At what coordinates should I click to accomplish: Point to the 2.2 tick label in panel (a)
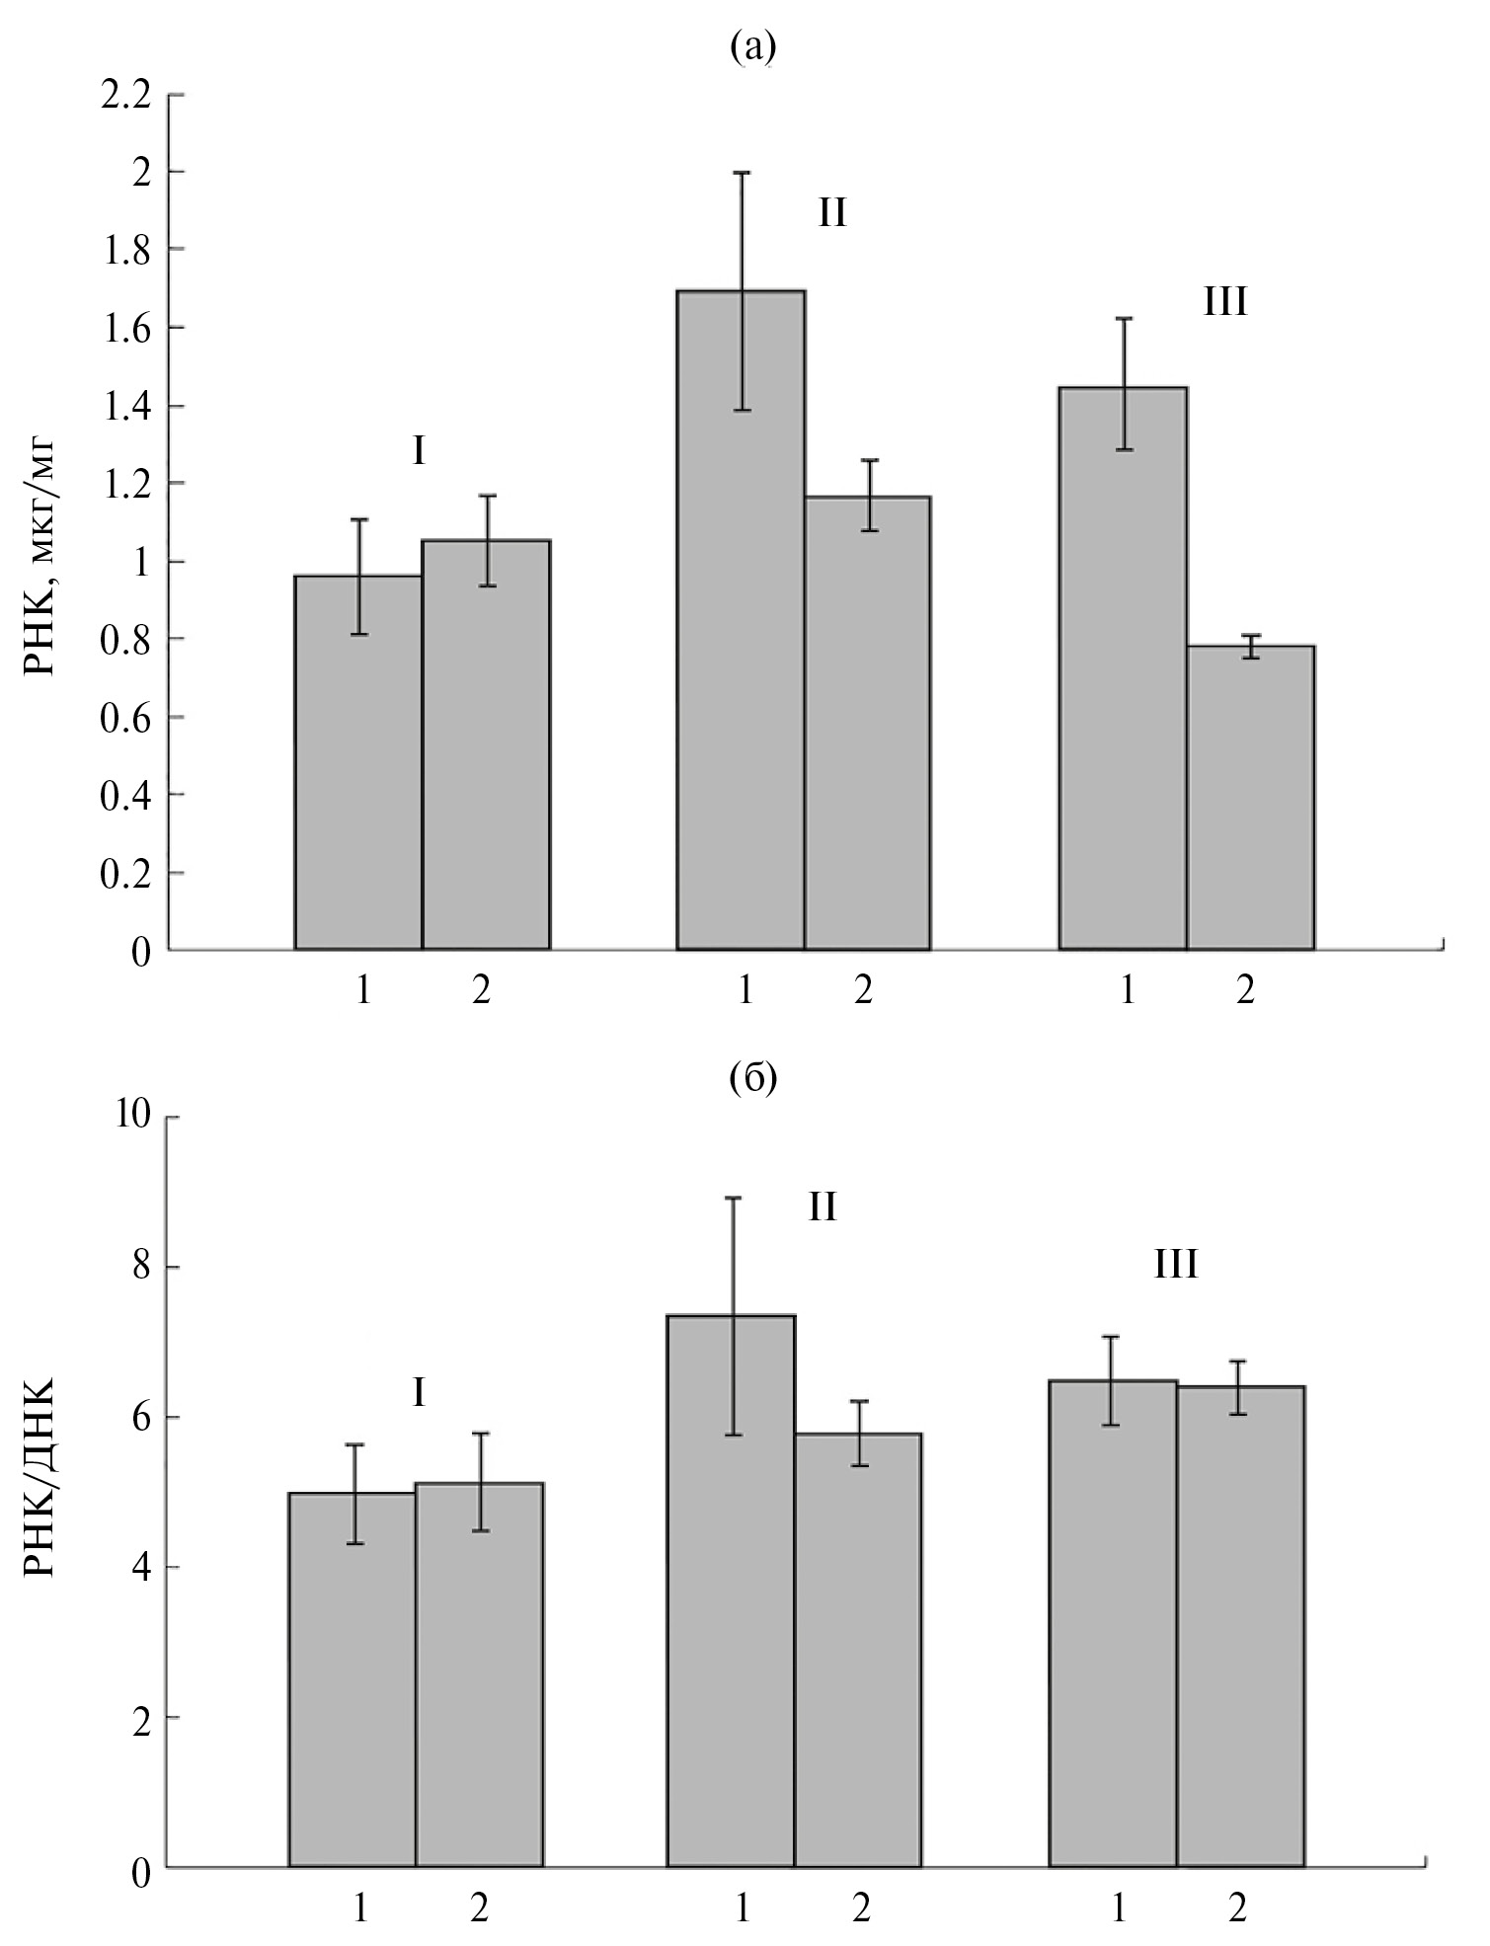click(x=126, y=95)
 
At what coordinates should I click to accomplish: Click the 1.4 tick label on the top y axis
click(x=126, y=406)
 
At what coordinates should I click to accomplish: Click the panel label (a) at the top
click(x=753, y=46)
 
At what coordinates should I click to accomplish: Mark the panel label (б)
click(x=753, y=1080)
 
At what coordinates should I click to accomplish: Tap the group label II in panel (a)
click(x=831, y=213)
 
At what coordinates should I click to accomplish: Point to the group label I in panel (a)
click(x=418, y=453)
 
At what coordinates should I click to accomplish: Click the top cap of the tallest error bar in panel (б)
click(x=733, y=1198)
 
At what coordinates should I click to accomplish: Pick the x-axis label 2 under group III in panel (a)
click(x=1245, y=990)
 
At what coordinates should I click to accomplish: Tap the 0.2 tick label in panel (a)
click(x=126, y=873)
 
